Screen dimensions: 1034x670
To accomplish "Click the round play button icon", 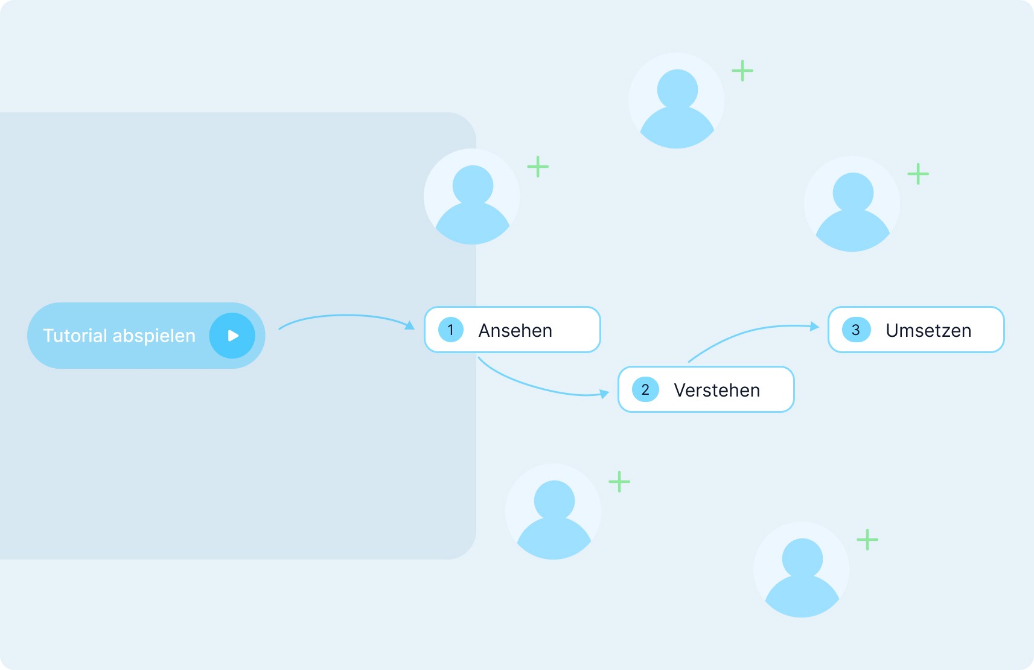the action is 232,336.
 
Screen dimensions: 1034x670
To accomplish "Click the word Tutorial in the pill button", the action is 75,336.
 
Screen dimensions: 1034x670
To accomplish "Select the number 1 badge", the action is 450,330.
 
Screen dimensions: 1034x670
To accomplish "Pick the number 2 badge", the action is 645,390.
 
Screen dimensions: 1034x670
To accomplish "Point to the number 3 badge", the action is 856,330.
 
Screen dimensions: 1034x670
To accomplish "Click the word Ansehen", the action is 515,331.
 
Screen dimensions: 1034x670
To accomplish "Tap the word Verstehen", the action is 716,391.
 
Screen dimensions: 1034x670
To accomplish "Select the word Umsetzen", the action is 928,331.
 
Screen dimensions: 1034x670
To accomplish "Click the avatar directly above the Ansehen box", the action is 472,197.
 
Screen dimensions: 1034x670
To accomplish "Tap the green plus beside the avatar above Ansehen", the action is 538,167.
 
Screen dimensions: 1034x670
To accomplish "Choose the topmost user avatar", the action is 677,101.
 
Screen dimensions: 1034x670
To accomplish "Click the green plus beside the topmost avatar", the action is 742,71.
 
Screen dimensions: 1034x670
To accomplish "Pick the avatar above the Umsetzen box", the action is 852,204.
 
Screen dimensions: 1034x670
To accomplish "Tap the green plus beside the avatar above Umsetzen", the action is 918,174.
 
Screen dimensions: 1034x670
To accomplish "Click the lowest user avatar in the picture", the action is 802,570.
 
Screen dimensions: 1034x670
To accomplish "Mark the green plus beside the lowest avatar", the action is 867,540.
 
